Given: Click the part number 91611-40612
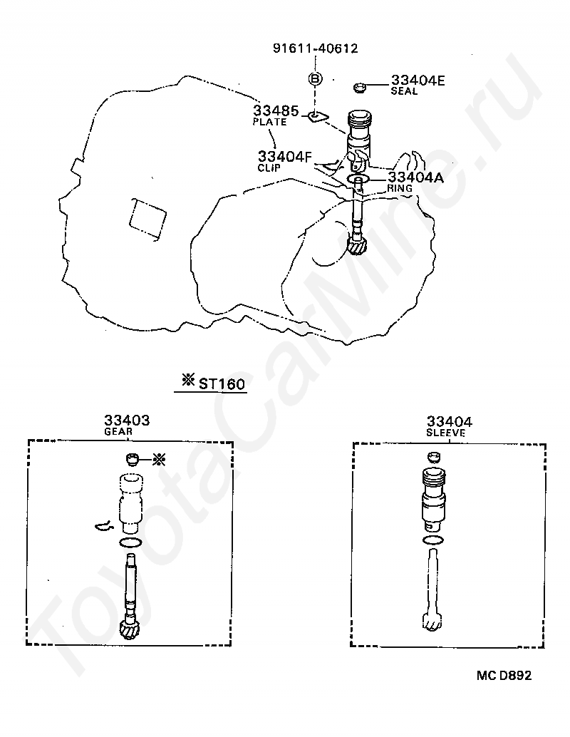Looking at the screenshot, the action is (315, 48).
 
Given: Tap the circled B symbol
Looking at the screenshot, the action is (315, 78).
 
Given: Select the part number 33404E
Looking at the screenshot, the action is (417, 81).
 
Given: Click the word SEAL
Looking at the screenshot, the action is (403, 91).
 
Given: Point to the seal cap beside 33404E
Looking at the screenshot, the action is (360, 88).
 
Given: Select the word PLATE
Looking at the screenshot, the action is (269, 122).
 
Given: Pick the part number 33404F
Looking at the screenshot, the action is (285, 156).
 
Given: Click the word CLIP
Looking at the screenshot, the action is (271, 167).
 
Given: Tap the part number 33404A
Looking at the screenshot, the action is (415, 177).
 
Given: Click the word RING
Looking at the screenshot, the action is (400, 188).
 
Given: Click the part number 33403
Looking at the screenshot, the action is (127, 421).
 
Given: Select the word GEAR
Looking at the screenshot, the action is (118, 431).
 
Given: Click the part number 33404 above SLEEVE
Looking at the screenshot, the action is (450, 421).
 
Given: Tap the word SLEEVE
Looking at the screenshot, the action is (446, 432).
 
